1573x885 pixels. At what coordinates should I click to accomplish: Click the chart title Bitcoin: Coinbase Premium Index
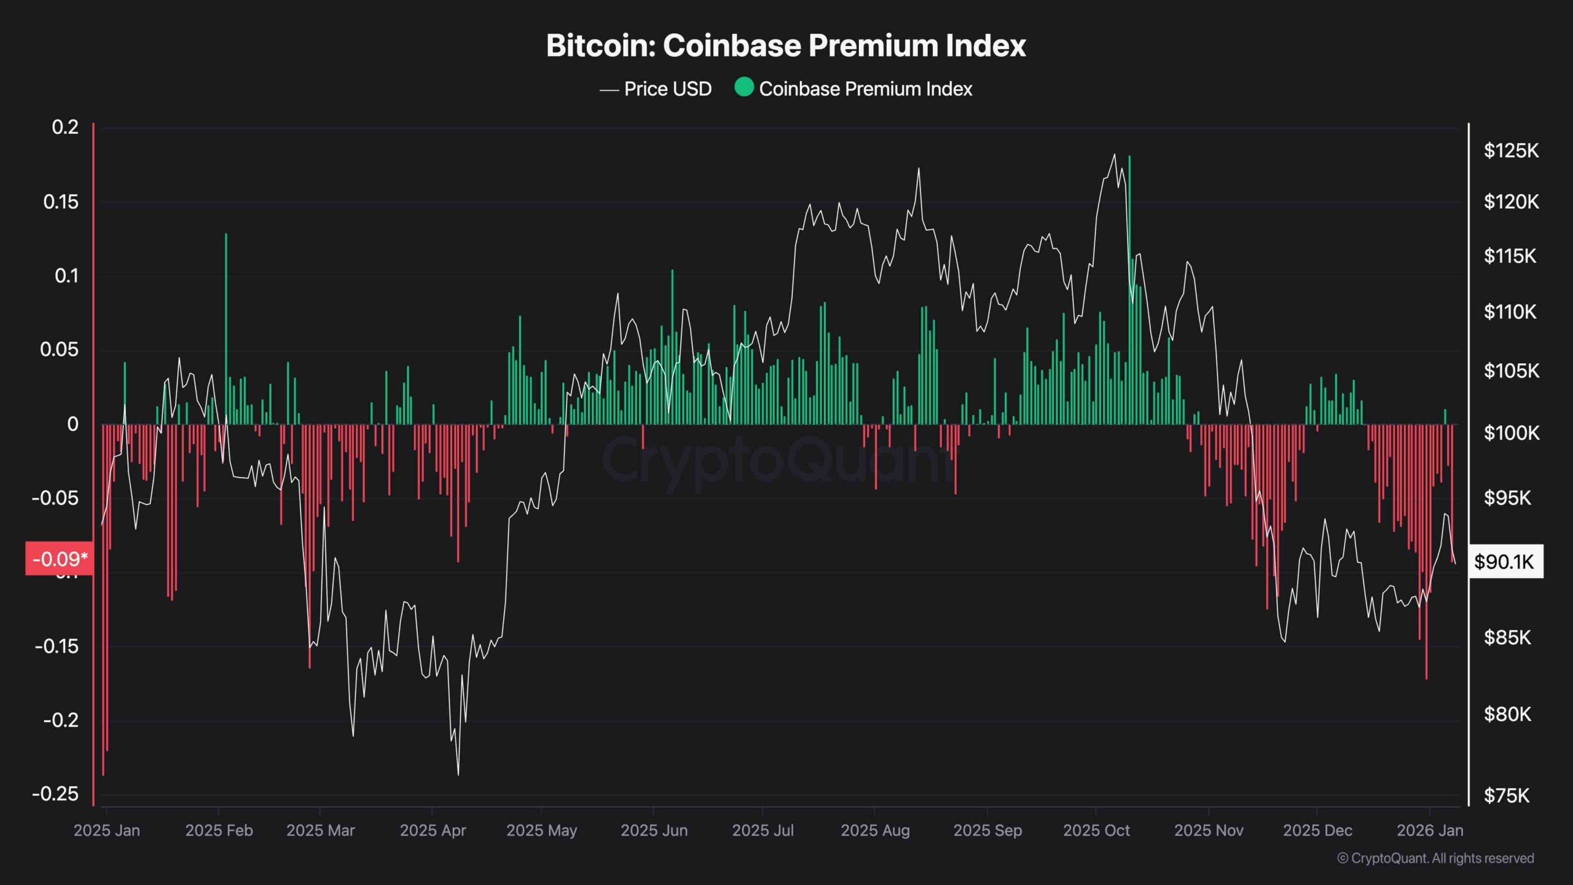[786, 46]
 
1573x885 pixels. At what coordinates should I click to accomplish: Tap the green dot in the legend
[743, 87]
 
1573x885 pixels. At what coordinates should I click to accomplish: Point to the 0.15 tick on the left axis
[61, 202]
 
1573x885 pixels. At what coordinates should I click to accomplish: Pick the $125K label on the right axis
[1511, 151]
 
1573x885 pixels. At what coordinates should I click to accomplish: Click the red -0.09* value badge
[60, 559]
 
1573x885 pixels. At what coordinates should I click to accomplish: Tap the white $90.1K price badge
[1504, 561]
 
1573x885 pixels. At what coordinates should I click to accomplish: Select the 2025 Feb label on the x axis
[219, 830]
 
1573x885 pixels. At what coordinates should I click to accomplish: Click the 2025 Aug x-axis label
[875, 830]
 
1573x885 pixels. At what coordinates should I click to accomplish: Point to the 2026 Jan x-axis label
[1430, 830]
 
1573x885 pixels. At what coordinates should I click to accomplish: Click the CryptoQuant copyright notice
[1435, 858]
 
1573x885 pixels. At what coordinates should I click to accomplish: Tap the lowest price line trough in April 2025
[458, 774]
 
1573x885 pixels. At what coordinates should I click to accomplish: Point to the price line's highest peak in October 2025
[1114, 155]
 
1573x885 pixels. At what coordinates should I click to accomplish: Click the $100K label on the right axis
[1511, 433]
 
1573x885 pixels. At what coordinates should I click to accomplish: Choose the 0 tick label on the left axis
[73, 424]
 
